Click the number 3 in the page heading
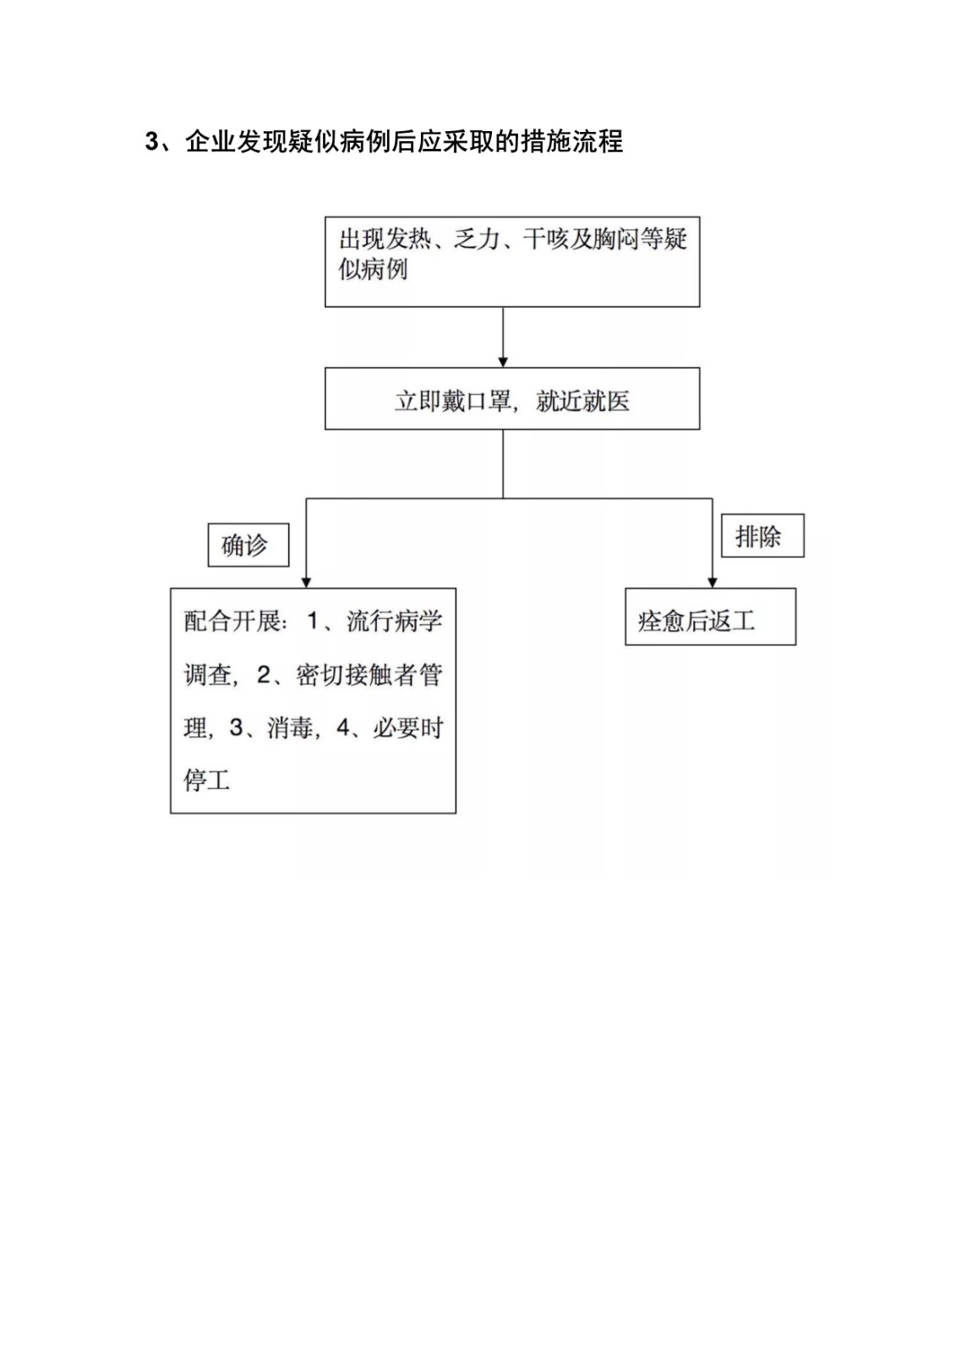pos(151,143)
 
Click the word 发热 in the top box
pos(409,239)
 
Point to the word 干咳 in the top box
pos(545,239)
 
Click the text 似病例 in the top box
pos(373,270)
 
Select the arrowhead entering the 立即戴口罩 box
pos(502,362)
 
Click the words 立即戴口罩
pos(453,401)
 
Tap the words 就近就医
pos(582,401)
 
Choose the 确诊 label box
pos(249,545)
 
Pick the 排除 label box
pos(762,536)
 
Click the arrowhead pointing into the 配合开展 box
pos(306,583)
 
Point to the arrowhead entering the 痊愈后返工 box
pos(713,583)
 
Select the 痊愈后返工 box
pos(710,616)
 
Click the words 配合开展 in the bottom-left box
pos(232,621)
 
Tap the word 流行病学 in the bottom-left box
pos(395,621)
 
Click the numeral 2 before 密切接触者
pos(264,675)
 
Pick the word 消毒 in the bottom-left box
pos(291,728)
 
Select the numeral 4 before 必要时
pos(343,728)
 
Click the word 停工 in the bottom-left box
pos(207,781)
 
